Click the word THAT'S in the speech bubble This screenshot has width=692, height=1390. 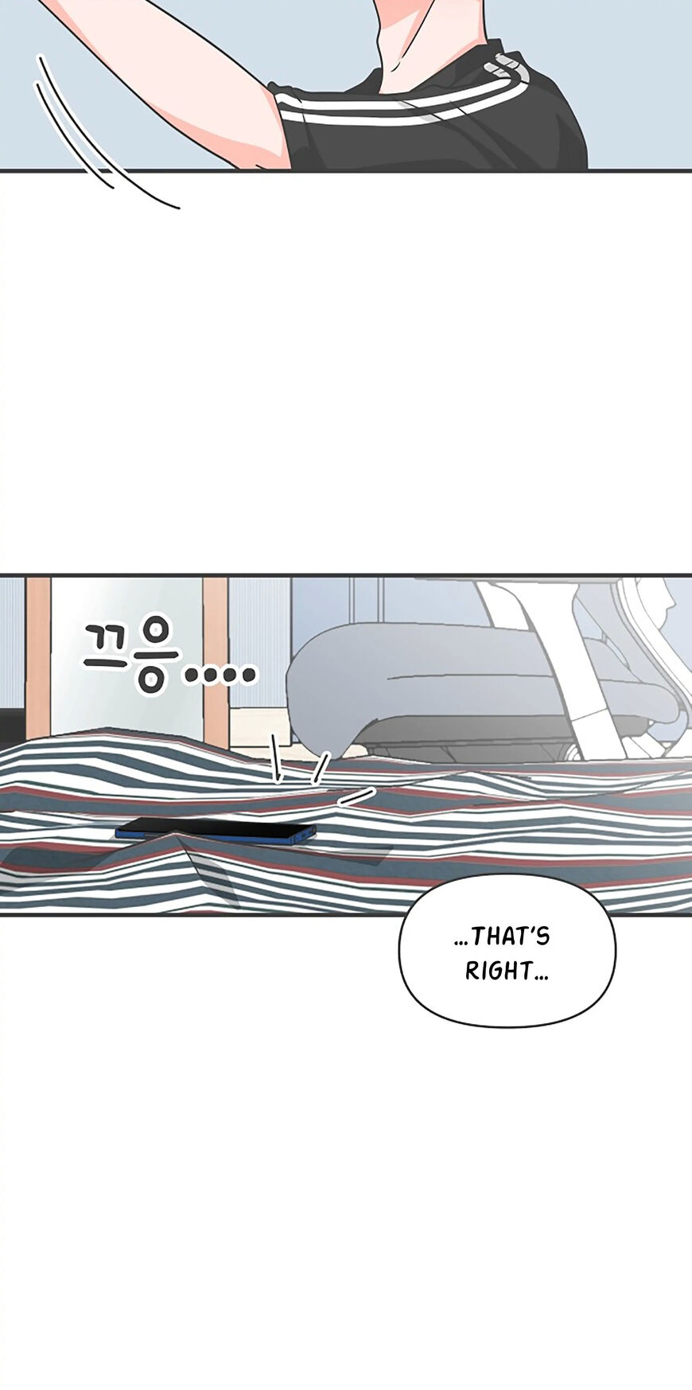pyautogui.click(x=511, y=936)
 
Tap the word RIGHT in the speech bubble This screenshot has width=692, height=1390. pyautogui.click(x=499, y=971)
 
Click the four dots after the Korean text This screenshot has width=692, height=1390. pyautogui.click(x=220, y=676)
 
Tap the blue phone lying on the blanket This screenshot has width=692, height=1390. pyautogui.click(x=216, y=829)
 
